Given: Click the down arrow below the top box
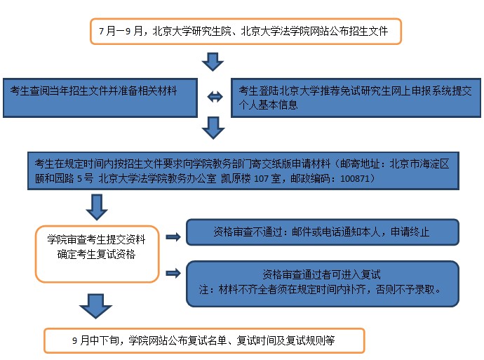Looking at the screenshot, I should tap(213, 62).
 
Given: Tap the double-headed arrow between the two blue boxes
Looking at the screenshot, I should tap(215, 97).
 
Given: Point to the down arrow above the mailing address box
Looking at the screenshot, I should tap(213, 127).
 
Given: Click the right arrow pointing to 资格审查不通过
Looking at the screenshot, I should tap(173, 237).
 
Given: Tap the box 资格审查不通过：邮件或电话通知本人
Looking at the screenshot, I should tap(322, 232).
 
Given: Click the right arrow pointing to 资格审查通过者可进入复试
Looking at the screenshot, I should tap(173, 273).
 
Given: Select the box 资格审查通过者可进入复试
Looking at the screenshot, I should tap(322, 284).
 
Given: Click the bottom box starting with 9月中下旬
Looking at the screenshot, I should tap(204, 340).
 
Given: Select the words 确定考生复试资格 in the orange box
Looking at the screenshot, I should tap(96, 254).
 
